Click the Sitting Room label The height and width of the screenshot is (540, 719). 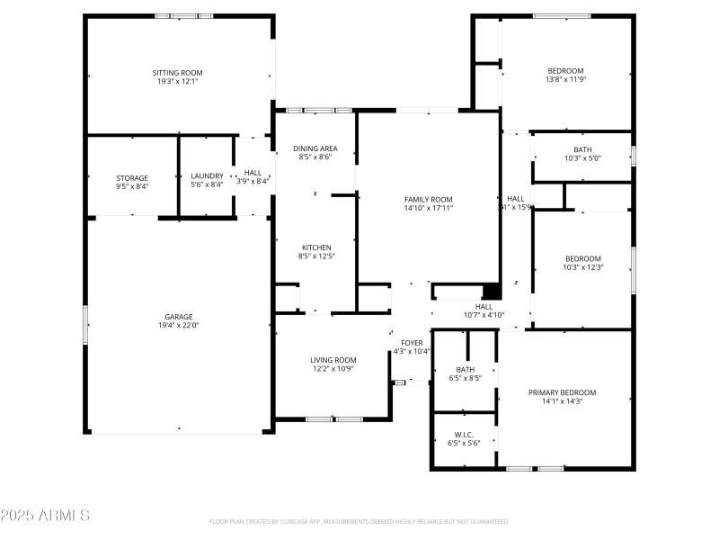[177, 72]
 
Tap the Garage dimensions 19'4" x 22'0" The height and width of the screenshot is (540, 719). [178, 326]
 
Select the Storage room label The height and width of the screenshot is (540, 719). [132, 177]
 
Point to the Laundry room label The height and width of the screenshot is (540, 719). [208, 177]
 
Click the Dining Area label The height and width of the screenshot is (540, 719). [315, 148]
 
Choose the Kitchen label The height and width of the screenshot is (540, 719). [316, 247]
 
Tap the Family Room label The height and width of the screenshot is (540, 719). [429, 199]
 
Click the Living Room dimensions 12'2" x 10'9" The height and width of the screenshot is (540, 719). [333, 369]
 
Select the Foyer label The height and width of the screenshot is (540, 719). [412, 343]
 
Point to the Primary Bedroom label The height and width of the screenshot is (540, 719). [562, 392]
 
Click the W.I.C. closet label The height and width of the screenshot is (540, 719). [464, 434]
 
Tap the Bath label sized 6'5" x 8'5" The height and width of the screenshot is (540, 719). [465, 369]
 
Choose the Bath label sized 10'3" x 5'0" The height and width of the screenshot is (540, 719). [582, 149]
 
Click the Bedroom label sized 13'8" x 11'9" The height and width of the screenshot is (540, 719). [566, 71]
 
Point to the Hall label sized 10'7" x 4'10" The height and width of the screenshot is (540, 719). [484, 306]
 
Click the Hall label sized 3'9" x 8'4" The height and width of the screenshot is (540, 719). [253, 173]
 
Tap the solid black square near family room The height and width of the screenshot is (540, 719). [491, 292]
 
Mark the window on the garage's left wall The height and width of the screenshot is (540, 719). [86, 324]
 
